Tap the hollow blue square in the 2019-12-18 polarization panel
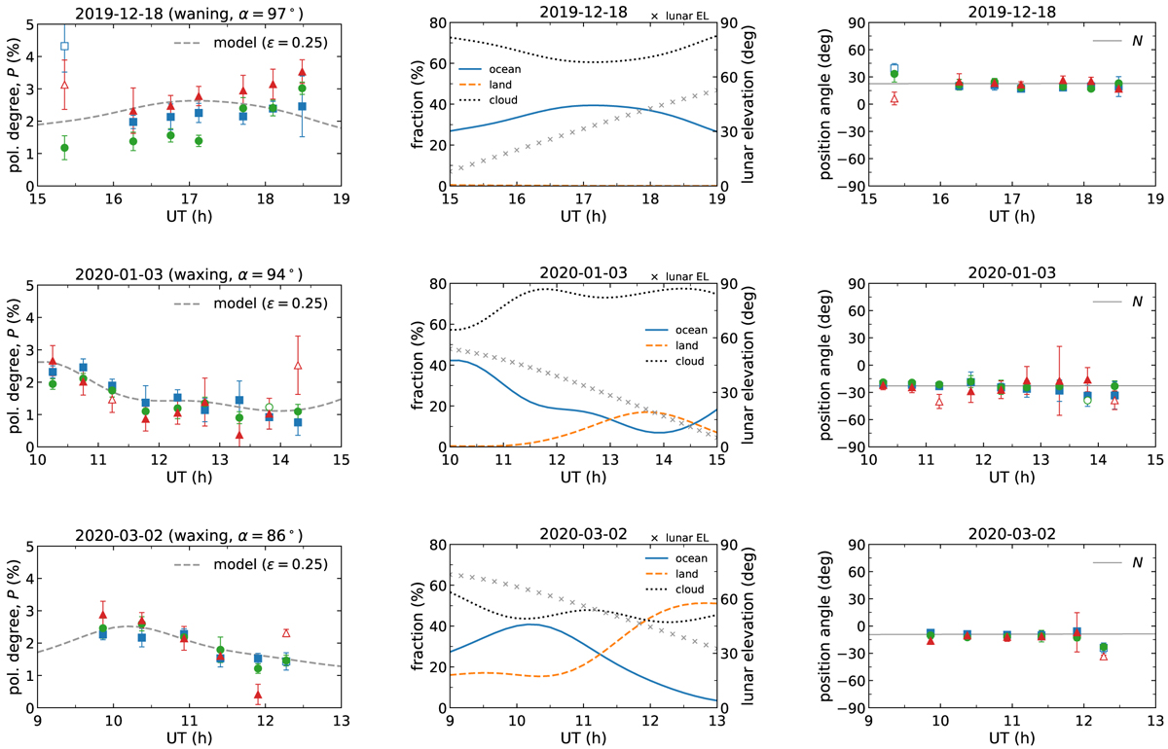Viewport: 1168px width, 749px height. pyautogui.click(x=64, y=46)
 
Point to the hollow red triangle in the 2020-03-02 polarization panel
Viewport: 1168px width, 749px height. pyautogui.click(x=286, y=633)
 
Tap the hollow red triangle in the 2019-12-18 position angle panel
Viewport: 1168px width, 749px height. pyautogui.click(x=894, y=98)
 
